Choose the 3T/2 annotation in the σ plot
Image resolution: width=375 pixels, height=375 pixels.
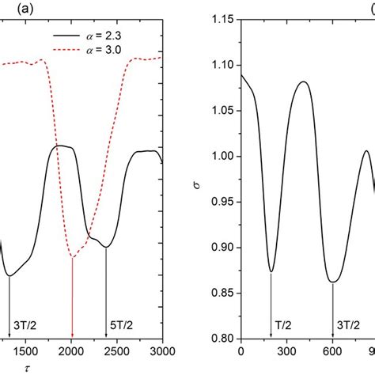coord(333,324)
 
